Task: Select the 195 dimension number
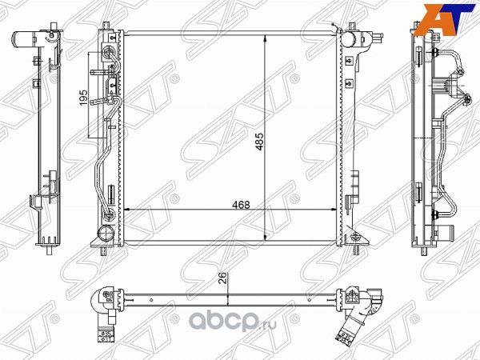click(x=82, y=98)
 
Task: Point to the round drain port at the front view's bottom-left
click(x=104, y=234)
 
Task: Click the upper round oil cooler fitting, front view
click(x=106, y=54)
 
